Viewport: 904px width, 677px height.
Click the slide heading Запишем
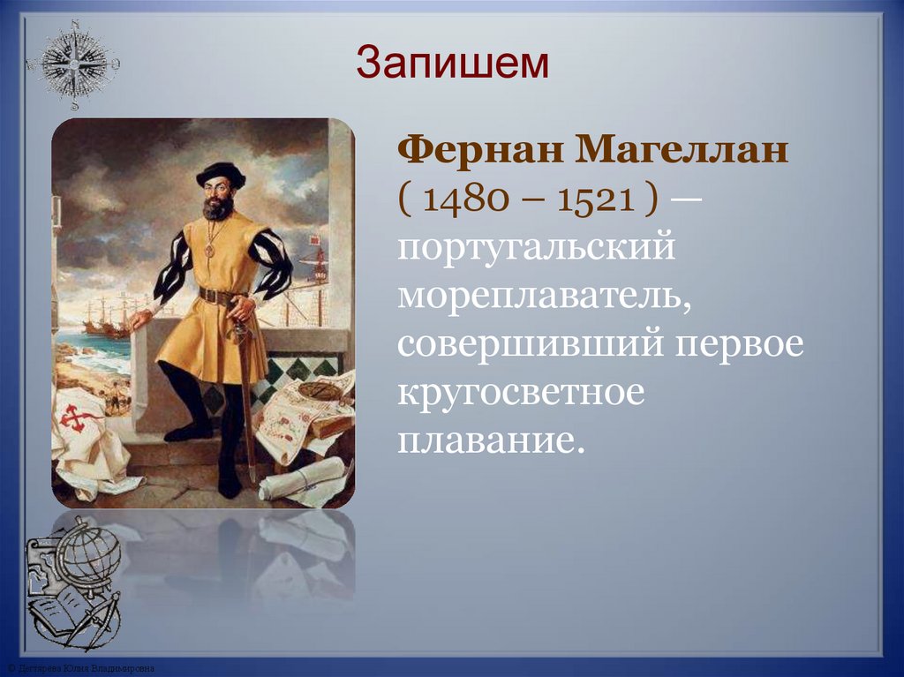pyautogui.click(x=452, y=64)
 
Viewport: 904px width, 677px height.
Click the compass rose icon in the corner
pyautogui.click(x=74, y=64)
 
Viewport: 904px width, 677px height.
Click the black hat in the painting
pyautogui.click(x=220, y=172)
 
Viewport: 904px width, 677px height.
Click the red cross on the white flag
pyautogui.click(x=79, y=418)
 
